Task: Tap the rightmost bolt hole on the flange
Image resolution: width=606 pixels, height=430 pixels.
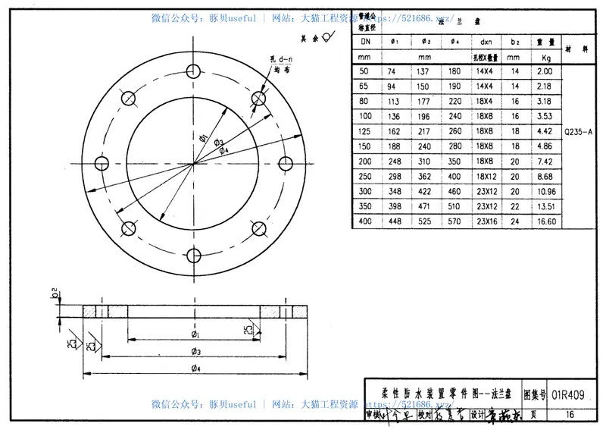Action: click(x=286, y=163)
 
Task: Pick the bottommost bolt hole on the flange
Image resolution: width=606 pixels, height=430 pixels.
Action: click(x=195, y=256)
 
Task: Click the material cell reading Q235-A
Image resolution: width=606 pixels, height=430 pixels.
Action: click(x=577, y=131)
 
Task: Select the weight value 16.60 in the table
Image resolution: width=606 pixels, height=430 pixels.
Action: click(x=545, y=221)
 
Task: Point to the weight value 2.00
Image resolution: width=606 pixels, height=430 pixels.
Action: click(x=545, y=71)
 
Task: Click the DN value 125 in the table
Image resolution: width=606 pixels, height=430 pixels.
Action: click(x=366, y=131)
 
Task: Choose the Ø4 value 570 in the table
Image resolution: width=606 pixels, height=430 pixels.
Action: click(x=454, y=221)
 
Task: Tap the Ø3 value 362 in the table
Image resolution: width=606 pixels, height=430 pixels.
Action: click(x=424, y=176)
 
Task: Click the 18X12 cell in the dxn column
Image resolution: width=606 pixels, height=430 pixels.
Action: click(x=486, y=176)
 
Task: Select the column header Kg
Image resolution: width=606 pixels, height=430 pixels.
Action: click(x=545, y=57)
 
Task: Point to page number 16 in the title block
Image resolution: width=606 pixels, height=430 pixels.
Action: click(x=570, y=414)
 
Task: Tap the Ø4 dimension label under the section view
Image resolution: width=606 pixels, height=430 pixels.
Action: click(x=195, y=369)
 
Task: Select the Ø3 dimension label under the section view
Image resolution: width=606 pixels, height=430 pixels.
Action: click(x=195, y=351)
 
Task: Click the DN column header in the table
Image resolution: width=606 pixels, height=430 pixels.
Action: click(x=366, y=42)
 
